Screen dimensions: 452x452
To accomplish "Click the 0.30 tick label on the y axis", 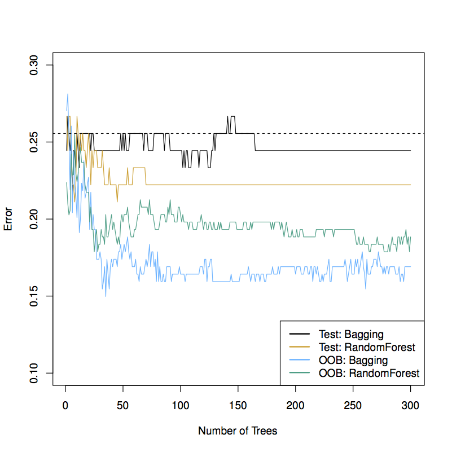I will pyautogui.click(x=34, y=65).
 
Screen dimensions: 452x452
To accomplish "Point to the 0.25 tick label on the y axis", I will pyautogui.click(x=34, y=142).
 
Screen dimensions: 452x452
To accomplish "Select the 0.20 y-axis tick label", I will pyautogui.click(x=34, y=219).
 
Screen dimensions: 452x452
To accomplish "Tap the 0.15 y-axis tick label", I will pyautogui.click(x=34, y=296).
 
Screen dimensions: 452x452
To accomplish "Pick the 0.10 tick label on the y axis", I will pyautogui.click(x=34, y=372).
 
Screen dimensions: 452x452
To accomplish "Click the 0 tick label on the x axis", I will pyautogui.click(x=65, y=405).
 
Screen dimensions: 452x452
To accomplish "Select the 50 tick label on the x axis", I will pyautogui.click(x=123, y=405).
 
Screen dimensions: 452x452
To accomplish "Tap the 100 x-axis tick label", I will pyautogui.click(x=181, y=405).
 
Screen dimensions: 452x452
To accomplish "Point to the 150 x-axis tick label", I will pyautogui.click(x=238, y=405).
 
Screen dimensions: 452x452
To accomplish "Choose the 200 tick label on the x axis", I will pyautogui.click(x=296, y=405).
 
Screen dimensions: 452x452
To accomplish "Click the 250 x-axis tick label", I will pyautogui.click(x=353, y=405).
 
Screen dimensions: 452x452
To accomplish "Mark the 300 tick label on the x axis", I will pyautogui.click(x=411, y=405).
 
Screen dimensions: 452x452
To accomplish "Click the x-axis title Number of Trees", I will pyautogui.click(x=238, y=431).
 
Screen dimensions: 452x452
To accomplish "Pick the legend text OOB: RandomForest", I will pyautogui.click(x=368, y=373).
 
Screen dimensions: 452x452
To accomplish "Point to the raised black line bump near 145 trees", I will pyautogui.click(x=232, y=117).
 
